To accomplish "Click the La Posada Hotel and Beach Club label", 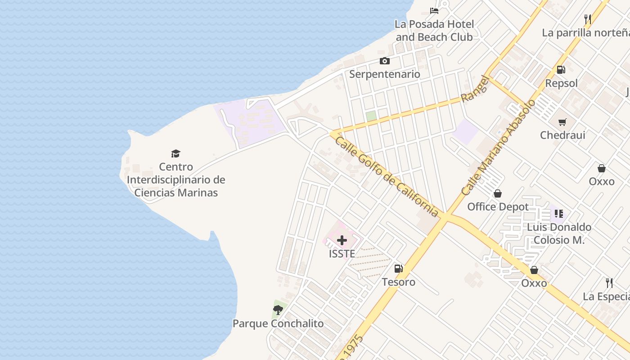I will (434, 31).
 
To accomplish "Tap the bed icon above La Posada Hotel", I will (434, 11).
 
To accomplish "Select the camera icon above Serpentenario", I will (384, 61).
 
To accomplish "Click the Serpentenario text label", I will (384, 74).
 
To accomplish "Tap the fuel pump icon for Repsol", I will (561, 70).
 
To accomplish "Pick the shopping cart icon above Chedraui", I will (562, 122).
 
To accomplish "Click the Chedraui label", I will (562, 135).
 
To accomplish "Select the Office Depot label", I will (498, 207).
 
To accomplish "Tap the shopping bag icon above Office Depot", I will (498, 193).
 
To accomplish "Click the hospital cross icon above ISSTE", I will (342, 240).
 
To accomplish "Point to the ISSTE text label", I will (342, 254).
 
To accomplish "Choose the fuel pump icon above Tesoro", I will (398, 269).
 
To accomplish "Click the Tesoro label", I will (398, 282).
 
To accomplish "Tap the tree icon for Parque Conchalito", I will (278, 310).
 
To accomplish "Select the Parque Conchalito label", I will (278, 324).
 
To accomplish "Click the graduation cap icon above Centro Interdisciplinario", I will (175, 154).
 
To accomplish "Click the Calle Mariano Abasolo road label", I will (499, 147).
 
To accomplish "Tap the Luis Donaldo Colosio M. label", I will (559, 234).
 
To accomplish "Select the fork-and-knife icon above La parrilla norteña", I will (588, 19).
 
